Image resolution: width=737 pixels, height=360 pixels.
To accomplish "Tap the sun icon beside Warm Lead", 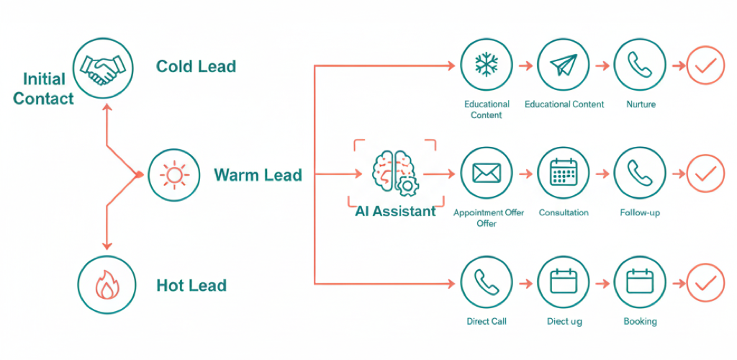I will tap(173, 175).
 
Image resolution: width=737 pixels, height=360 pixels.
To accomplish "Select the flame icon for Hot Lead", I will tap(107, 285).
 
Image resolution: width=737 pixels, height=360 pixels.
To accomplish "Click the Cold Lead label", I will tap(196, 67).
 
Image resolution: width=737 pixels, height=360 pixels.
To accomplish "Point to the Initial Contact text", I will tap(43, 89).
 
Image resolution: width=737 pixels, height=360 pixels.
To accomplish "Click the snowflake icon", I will tap(487, 66).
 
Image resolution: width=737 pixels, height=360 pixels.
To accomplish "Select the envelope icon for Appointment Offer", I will tap(487, 174).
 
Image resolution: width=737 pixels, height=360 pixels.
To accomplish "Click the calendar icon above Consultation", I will tap(564, 174).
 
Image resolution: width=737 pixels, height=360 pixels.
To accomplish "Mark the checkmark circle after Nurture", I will tap(705, 66).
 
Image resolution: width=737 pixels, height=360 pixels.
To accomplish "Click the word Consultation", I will tap(564, 213).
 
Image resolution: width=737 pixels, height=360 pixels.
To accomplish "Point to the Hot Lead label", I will tap(191, 286).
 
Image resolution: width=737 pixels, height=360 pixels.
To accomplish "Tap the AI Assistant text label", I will tap(395, 211).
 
